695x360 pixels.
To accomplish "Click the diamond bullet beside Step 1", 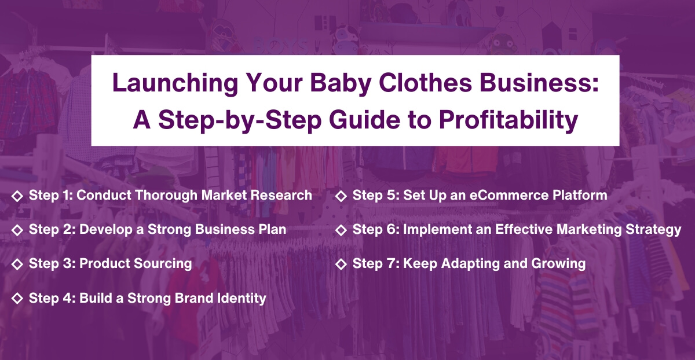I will coord(17,195).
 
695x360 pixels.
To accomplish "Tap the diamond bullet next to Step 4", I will coord(17,298).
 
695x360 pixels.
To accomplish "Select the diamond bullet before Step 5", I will coord(341,195).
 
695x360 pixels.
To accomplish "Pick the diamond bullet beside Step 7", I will coord(341,264).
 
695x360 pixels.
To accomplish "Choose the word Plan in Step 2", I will coord(272,229).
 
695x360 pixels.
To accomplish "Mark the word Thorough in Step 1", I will coord(169,195).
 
